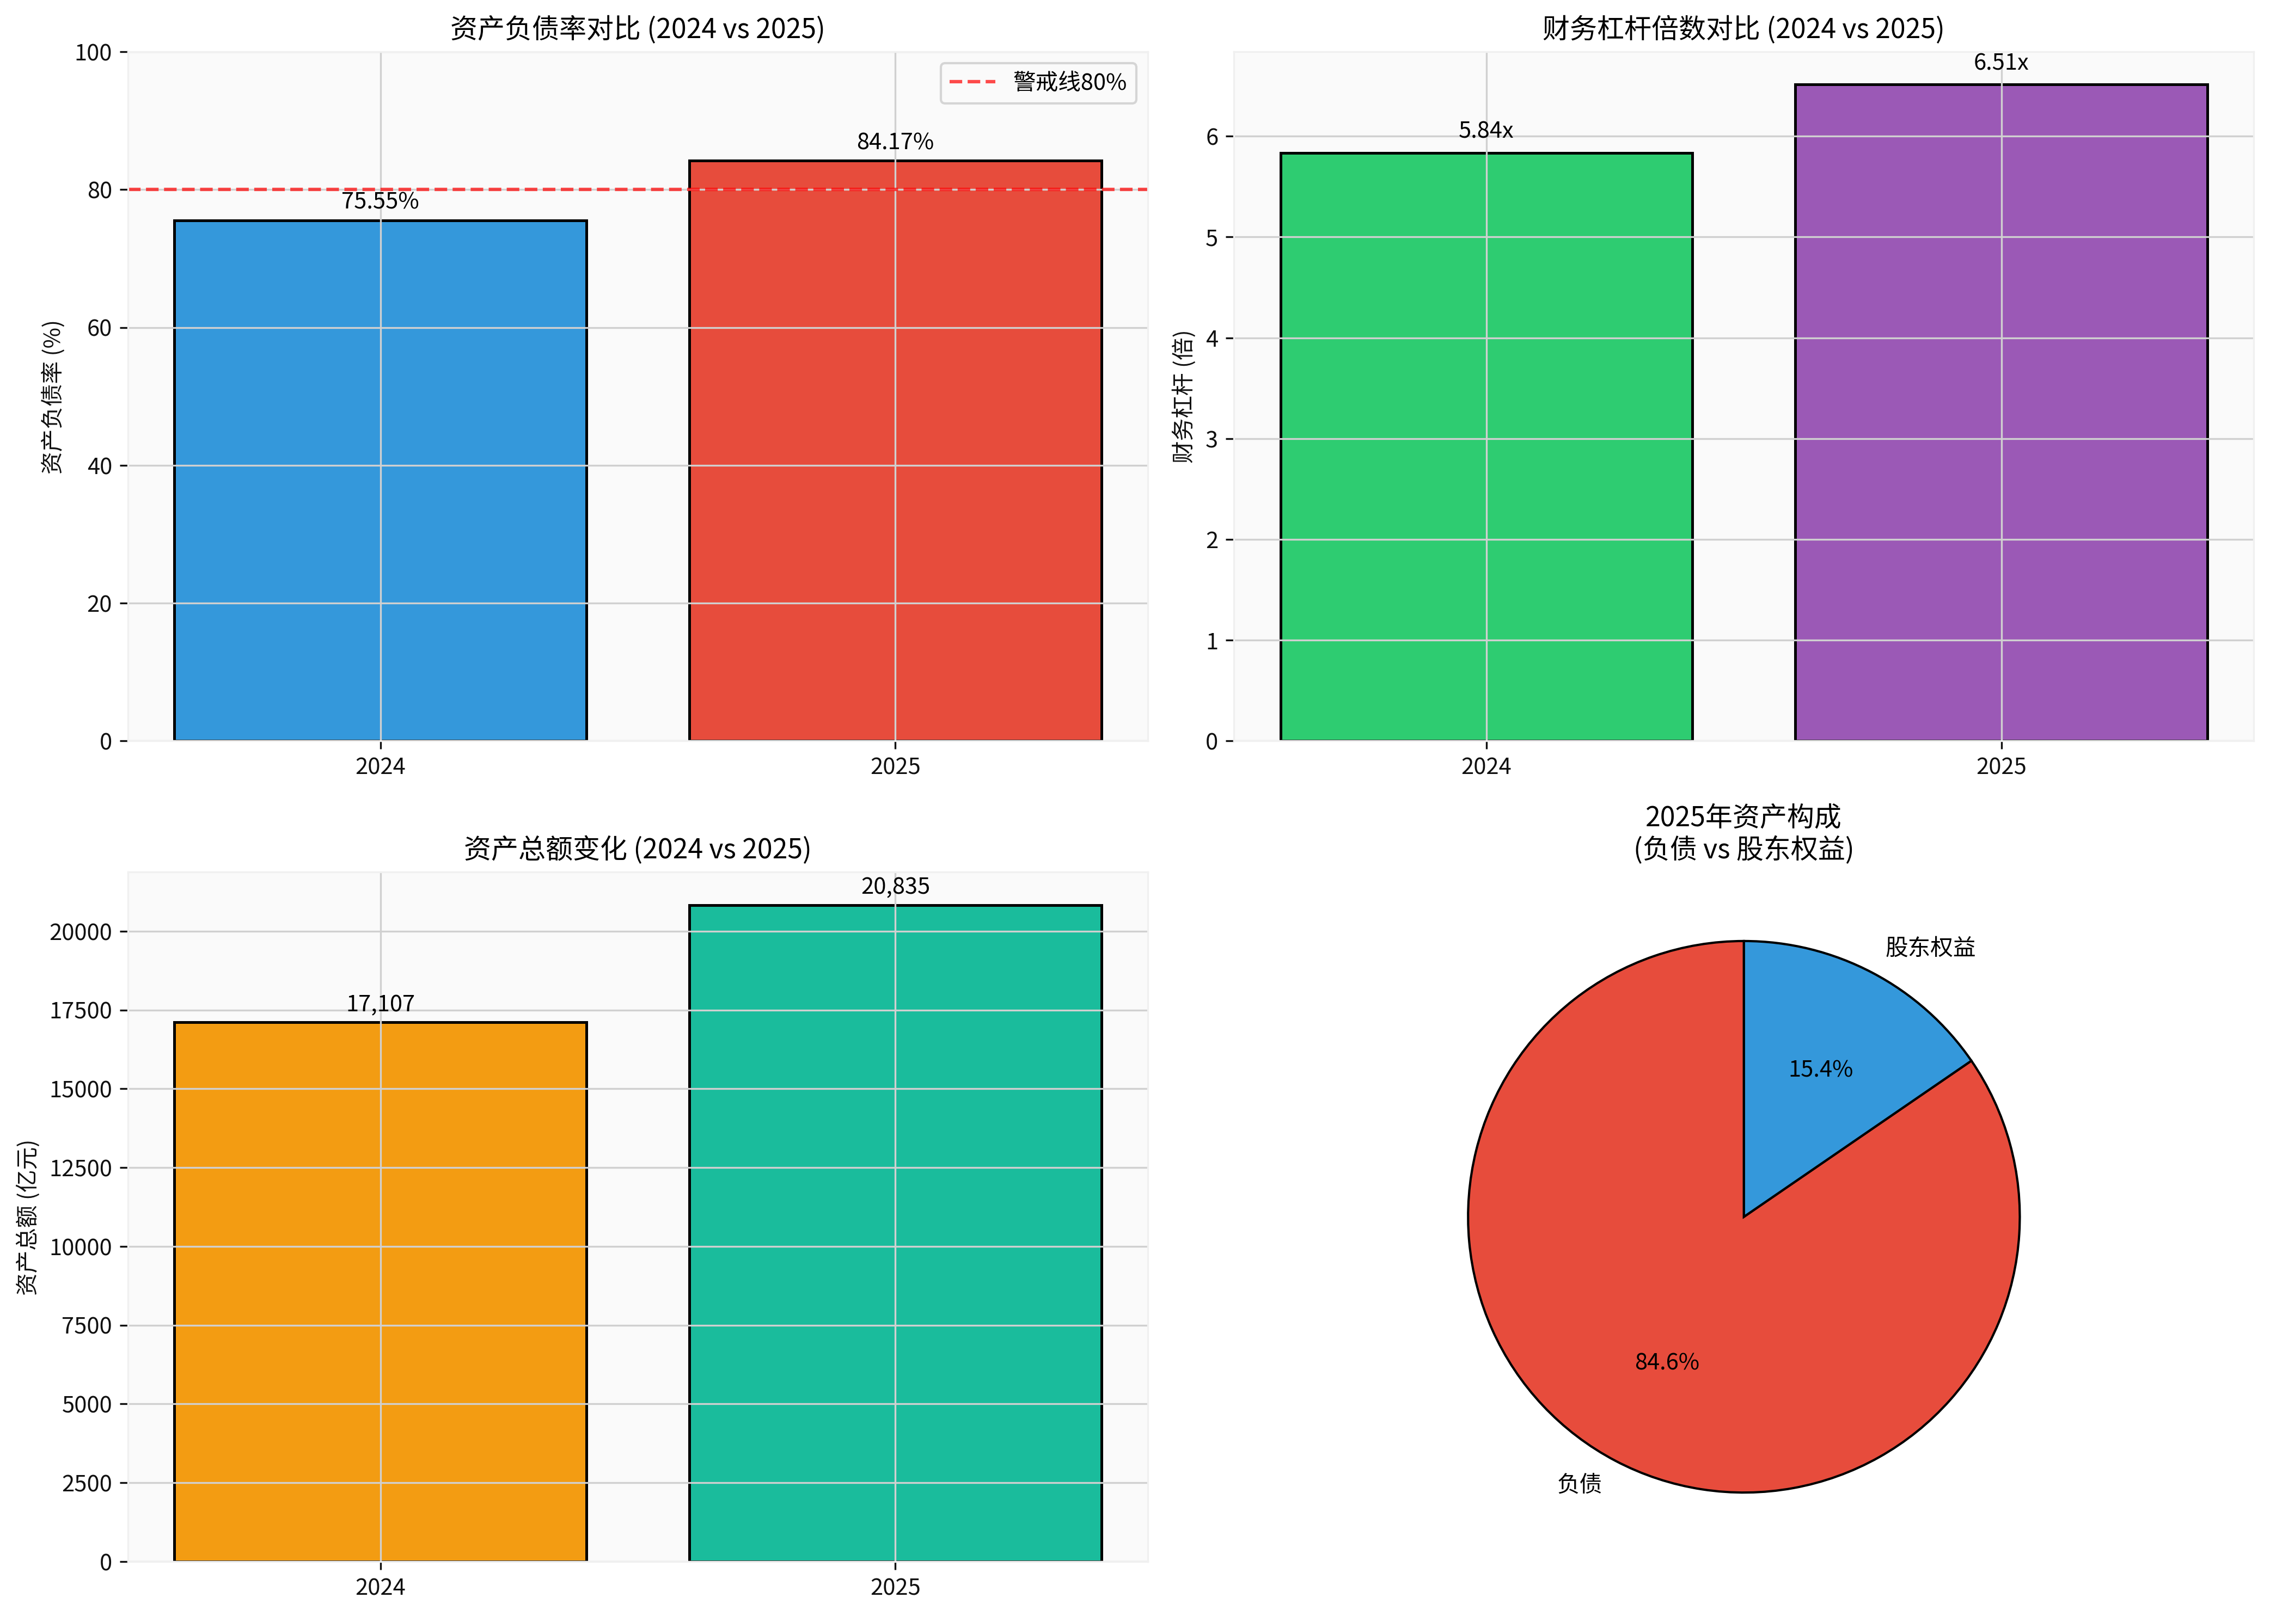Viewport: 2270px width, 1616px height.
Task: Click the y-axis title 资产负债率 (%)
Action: (52, 396)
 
